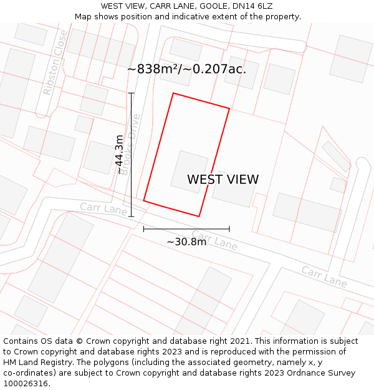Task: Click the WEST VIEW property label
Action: [223, 180]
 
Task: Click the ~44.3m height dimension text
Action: [120, 155]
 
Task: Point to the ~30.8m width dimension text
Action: [186, 241]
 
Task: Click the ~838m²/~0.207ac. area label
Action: [186, 69]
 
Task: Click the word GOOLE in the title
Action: [214, 6]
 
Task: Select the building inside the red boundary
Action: [189, 172]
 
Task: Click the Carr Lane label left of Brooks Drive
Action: [103, 208]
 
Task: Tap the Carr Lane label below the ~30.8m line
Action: [214, 240]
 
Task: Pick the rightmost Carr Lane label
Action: [324, 276]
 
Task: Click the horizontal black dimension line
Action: [186, 229]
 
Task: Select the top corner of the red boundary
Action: [173, 94]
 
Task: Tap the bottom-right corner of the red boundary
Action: [199, 217]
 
